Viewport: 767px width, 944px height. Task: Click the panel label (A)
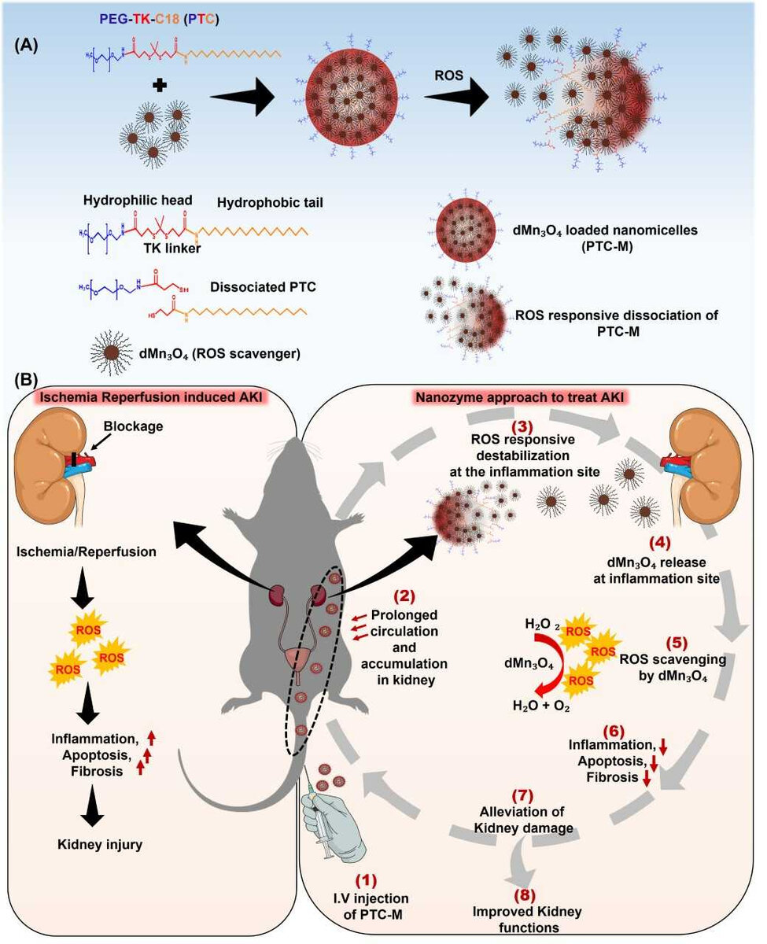[28, 45]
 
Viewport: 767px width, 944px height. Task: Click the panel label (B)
[28, 379]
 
